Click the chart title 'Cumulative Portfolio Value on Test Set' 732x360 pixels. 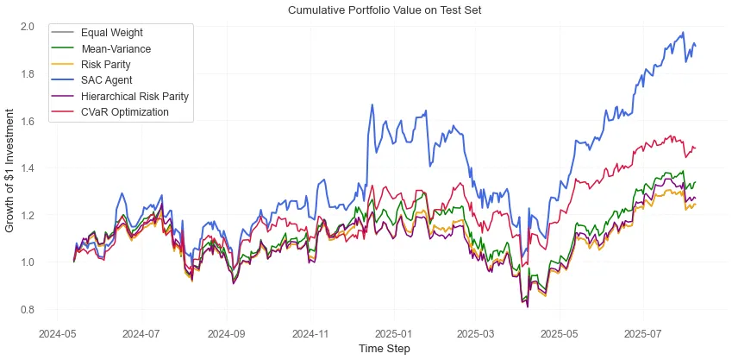384,10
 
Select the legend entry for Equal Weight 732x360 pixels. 112,33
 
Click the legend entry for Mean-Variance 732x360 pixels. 116,49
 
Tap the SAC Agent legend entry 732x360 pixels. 107,80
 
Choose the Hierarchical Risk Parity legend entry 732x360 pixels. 135,96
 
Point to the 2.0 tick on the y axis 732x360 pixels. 27,27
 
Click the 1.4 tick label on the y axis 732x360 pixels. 27,168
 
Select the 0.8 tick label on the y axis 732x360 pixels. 27,310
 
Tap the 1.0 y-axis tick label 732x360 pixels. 27,262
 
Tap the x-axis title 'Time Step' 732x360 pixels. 384,349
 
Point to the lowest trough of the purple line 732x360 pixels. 527,306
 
